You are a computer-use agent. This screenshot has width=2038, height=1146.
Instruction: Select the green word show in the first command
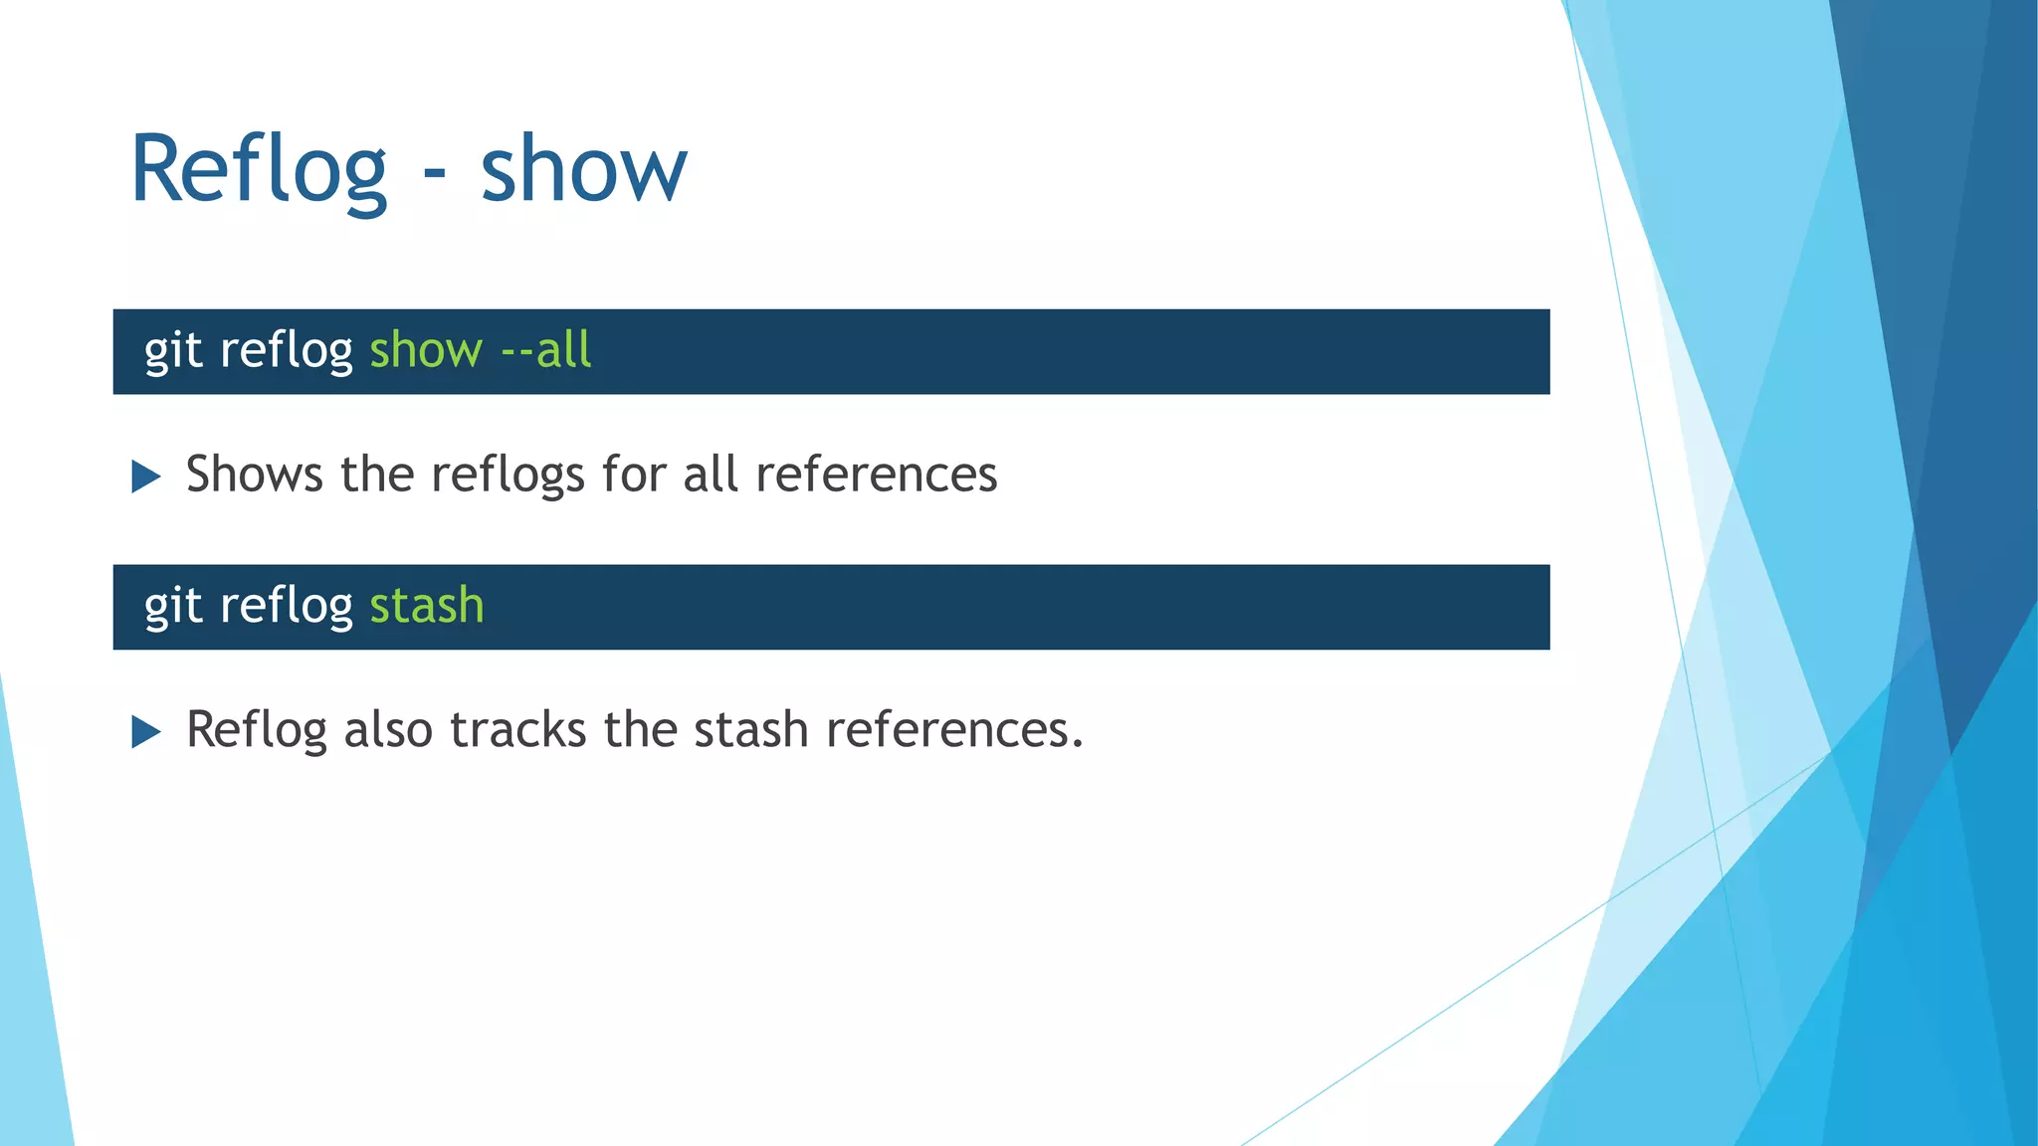pyautogui.click(x=426, y=350)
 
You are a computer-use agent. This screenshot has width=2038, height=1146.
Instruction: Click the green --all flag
pyautogui.click(x=546, y=350)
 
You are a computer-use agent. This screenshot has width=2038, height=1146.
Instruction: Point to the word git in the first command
pyautogui.click(x=173, y=350)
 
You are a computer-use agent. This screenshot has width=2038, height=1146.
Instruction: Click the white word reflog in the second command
pyautogui.click(x=286, y=606)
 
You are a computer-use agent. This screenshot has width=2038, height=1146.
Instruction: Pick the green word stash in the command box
pyautogui.click(x=427, y=606)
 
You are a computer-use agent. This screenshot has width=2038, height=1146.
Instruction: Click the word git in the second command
pyautogui.click(x=173, y=606)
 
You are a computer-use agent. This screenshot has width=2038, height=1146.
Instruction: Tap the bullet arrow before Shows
pyautogui.click(x=146, y=477)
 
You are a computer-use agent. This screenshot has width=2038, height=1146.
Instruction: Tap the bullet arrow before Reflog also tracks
pyautogui.click(x=146, y=732)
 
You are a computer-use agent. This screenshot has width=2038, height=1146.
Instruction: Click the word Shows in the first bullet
pyautogui.click(x=255, y=474)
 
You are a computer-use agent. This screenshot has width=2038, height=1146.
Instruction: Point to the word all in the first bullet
pyautogui.click(x=711, y=474)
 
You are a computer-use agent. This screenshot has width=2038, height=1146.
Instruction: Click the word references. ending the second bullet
pyautogui.click(x=953, y=729)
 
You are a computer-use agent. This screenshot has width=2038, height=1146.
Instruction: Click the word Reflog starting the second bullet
pyautogui.click(x=256, y=729)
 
